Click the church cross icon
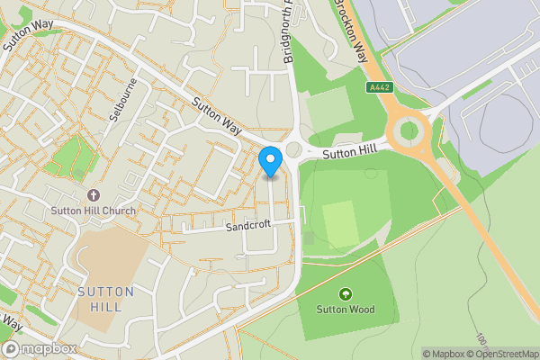pyautogui.click(x=93, y=195)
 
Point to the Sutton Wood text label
pyautogui.click(x=345, y=310)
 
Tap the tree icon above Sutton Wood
pyautogui.click(x=345, y=294)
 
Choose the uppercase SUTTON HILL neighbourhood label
pyautogui.click(x=105, y=299)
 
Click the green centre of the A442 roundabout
pyautogui.click(x=409, y=131)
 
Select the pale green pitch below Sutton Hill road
pyautogui.click(x=340, y=224)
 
